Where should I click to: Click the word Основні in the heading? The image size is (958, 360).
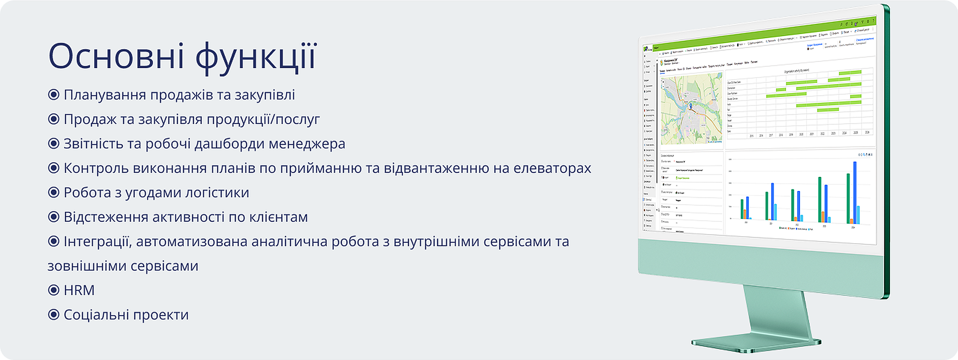coord(116,57)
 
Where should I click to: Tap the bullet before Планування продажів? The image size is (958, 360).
coord(53,95)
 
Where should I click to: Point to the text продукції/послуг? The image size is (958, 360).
coord(263,119)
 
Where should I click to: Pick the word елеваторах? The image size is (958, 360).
coord(552,168)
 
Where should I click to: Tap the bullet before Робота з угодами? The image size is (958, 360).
coord(53,192)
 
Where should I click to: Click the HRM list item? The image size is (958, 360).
coord(79,290)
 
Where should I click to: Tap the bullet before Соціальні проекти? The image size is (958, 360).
coord(53,315)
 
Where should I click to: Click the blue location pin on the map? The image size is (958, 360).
coord(691,106)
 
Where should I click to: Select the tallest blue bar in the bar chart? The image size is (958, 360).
coord(855,192)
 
